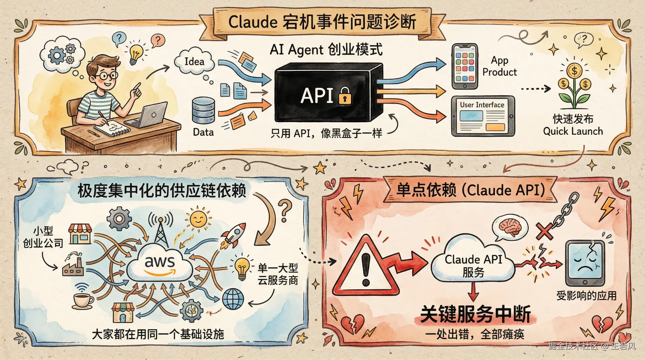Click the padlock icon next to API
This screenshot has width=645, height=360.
pyautogui.click(x=345, y=95)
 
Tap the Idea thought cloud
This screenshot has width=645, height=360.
pyautogui.click(x=194, y=62)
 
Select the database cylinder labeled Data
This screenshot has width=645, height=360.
pyautogui.click(x=203, y=111)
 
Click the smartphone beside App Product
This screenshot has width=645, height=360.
pyautogui.click(x=465, y=66)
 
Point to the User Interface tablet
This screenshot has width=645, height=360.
pyautogui.click(x=482, y=116)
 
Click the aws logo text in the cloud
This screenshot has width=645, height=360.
pyautogui.click(x=160, y=262)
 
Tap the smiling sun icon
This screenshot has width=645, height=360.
pyautogui.click(x=198, y=219)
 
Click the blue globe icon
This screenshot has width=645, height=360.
pyautogui.click(x=233, y=299)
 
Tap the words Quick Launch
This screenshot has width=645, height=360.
pyautogui.click(x=573, y=131)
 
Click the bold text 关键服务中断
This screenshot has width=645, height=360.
pyautogui.click(x=475, y=314)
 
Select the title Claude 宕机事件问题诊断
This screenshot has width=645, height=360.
pyautogui.click(x=322, y=22)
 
